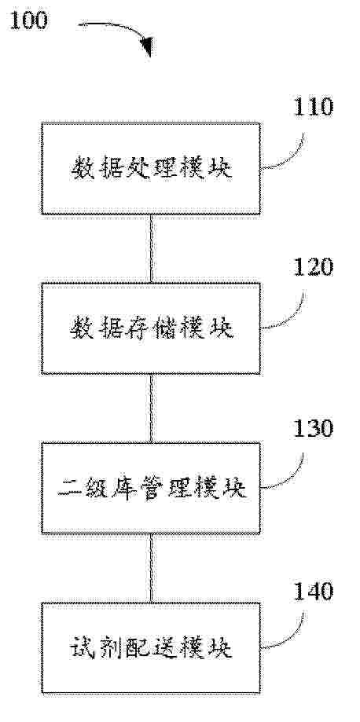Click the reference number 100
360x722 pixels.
coord(28,20)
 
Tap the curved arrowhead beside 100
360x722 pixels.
coord(146,47)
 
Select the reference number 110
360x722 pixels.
coord(314,107)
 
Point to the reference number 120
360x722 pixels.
coord(314,267)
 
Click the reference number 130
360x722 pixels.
coord(314,429)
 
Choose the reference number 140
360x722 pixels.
coord(314,592)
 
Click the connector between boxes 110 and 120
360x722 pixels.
coord(151,248)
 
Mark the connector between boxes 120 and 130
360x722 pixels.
coord(151,408)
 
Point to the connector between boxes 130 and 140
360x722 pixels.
coord(151,568)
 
